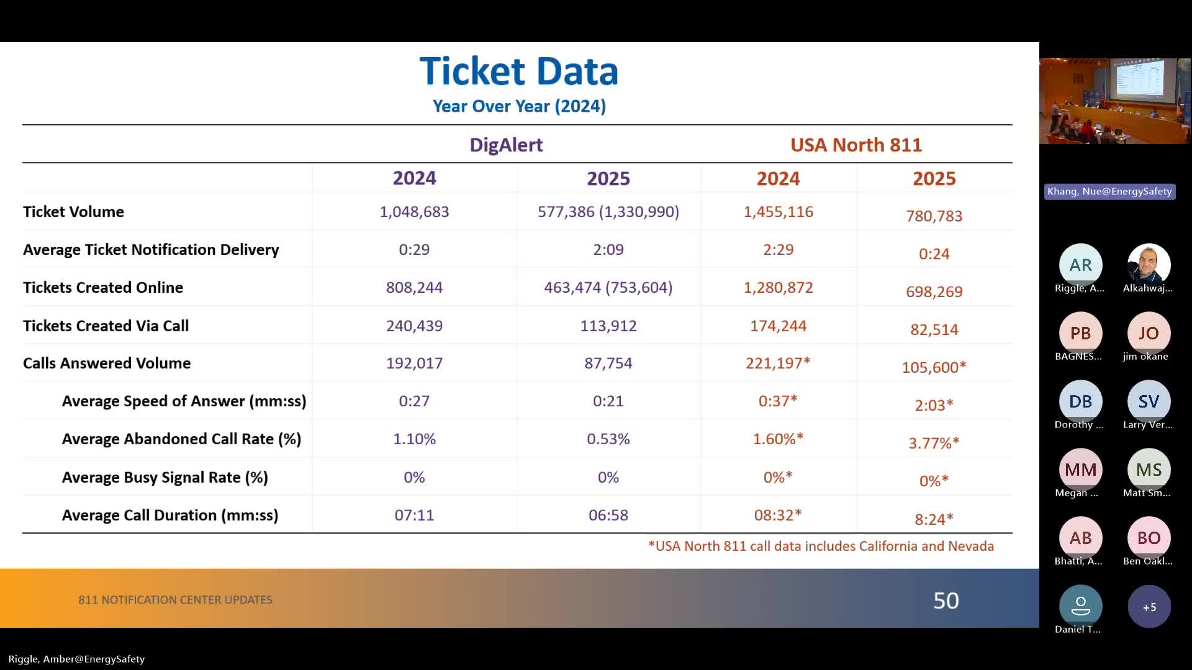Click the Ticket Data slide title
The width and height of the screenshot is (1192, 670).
point(519,71)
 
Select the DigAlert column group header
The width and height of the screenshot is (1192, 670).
point(506,145)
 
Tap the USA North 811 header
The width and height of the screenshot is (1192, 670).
point(856,145)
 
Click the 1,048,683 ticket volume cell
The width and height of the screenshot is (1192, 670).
point(414,212)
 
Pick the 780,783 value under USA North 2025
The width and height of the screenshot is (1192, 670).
point(934,216)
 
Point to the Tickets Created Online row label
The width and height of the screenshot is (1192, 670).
point(103,287)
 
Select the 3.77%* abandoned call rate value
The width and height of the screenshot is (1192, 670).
point(934,443)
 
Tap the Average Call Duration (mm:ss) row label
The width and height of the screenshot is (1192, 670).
point(169,515)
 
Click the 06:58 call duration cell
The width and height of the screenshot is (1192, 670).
point(608,515)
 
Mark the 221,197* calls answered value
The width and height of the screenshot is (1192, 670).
point(778,363)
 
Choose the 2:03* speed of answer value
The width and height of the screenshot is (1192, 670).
point(934,405)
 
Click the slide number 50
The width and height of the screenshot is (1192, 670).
point(946,600)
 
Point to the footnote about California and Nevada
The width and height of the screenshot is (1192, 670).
point(821,546)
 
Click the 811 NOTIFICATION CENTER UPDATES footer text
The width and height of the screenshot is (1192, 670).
point(175,600)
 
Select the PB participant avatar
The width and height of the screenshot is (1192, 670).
point(1080,333)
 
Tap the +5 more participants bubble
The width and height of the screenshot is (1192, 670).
point(1149,607)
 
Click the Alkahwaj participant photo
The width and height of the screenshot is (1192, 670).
point(1149,265)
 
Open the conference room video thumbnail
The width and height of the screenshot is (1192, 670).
point(1114,101)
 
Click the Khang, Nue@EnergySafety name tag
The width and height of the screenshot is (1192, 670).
point(1109,191)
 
